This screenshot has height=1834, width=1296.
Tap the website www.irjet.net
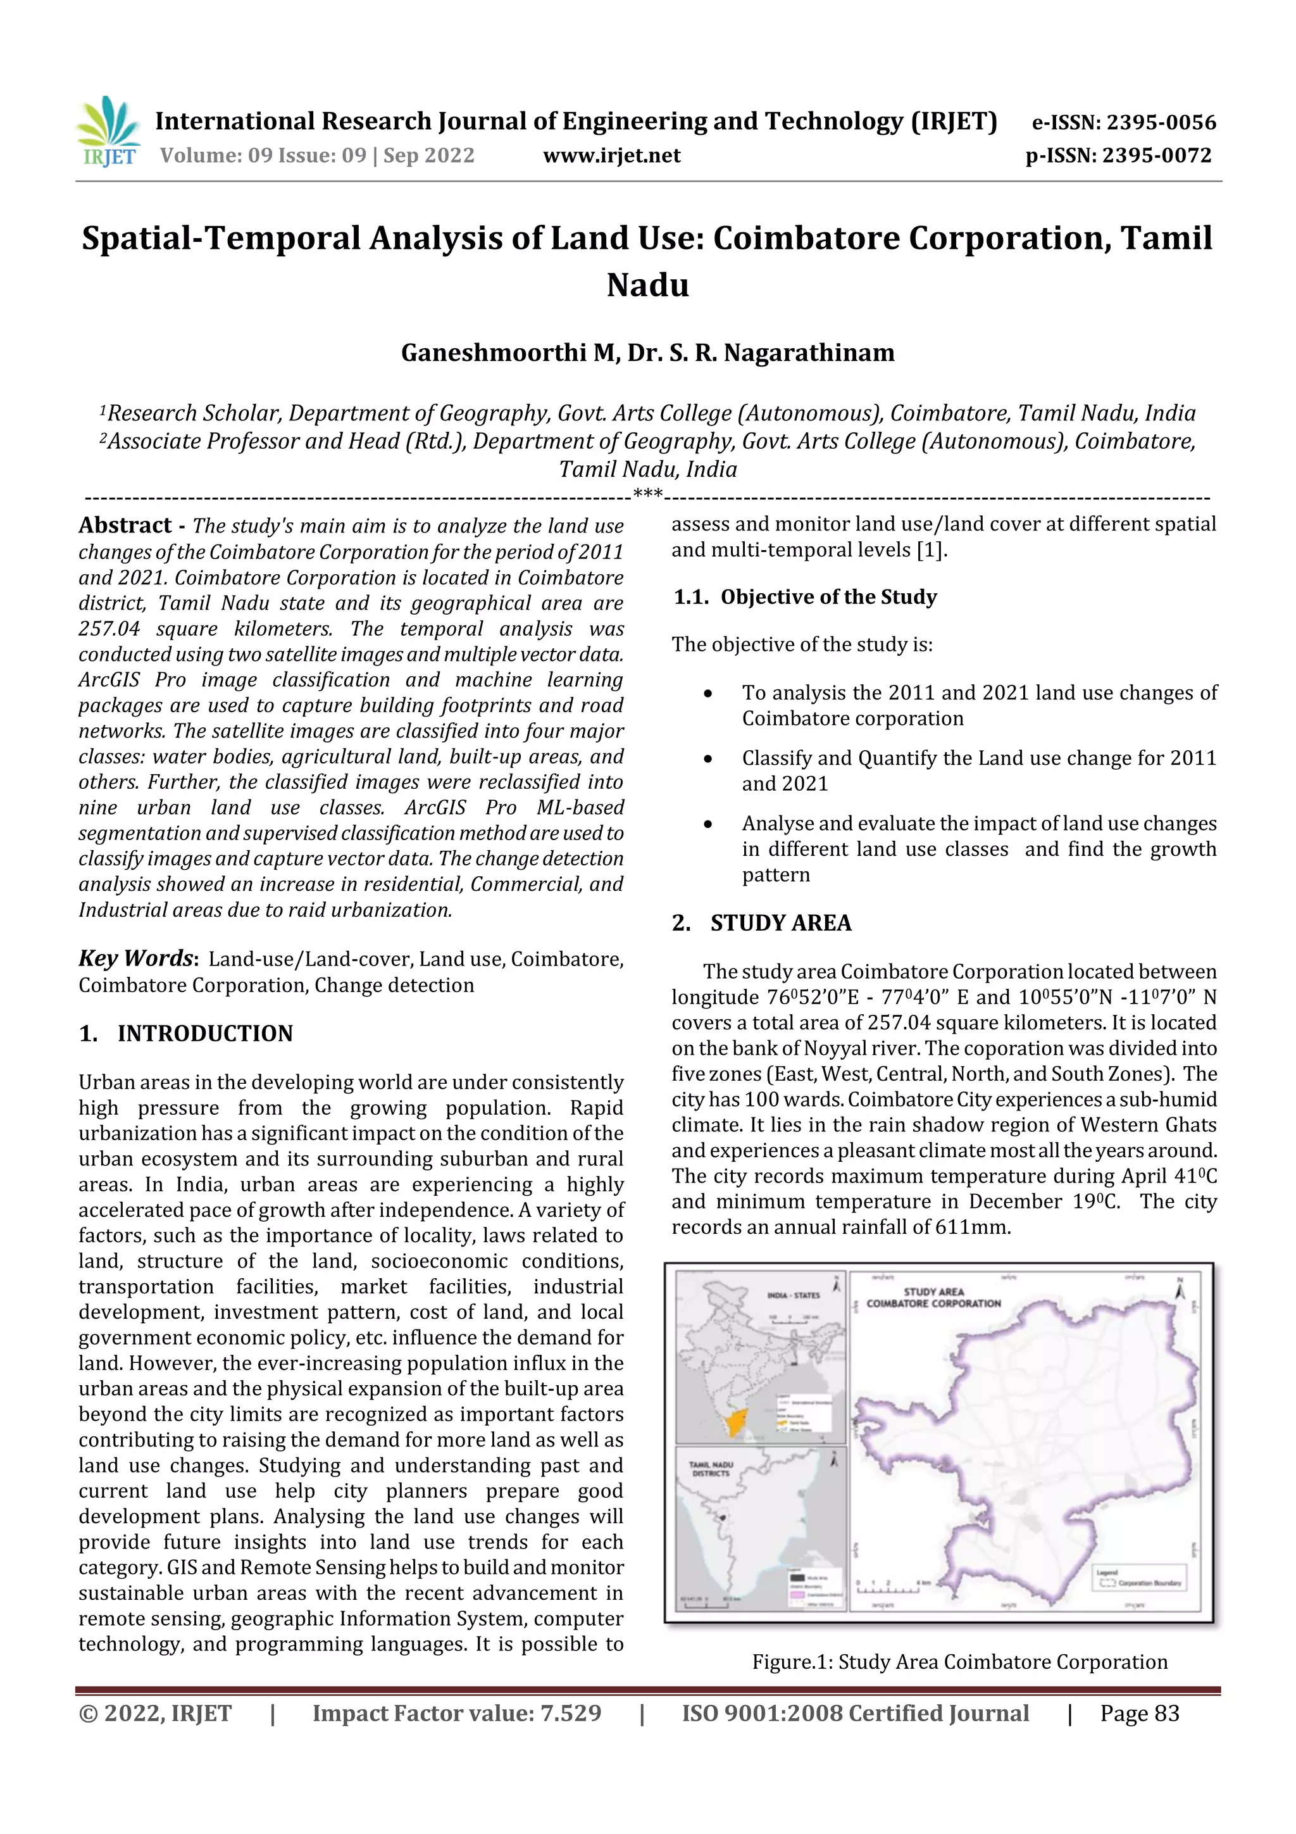[612, 155]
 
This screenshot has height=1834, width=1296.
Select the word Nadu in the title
[647, 285]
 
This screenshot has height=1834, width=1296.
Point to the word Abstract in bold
[125, 525]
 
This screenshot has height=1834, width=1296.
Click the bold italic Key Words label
[137, 958]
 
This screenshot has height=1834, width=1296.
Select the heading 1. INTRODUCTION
[186, 1034]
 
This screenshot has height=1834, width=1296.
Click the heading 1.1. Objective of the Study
[804, 597]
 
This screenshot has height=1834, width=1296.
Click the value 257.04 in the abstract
[109, 629]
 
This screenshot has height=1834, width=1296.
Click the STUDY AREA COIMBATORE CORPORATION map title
[933, 1297]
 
